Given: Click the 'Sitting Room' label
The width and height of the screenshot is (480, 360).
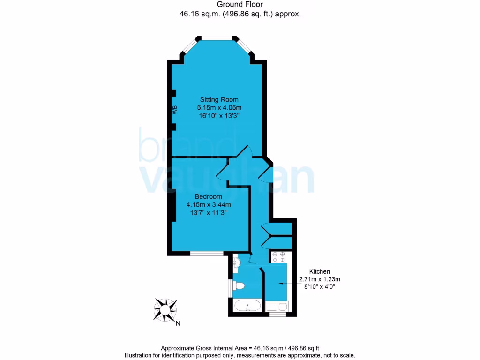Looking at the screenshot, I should tap(219, 99).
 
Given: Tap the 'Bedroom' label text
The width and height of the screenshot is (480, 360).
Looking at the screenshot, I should tap(208, 196).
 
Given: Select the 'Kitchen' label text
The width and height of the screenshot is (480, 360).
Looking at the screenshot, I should tap(320, 272).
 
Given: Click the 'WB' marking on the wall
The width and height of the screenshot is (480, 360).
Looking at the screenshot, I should tap(175, 111).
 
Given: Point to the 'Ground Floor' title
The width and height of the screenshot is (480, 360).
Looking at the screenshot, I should tap(240, 5).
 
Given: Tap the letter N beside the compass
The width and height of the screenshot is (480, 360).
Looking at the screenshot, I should tap(178, 323).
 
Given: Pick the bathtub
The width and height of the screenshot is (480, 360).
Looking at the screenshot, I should tap(248, 307).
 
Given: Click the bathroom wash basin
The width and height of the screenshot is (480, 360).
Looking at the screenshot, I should tap(236, 263).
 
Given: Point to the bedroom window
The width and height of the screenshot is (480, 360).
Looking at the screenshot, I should tap(207, 254).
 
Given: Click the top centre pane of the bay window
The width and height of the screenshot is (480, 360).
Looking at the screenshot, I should tap(217, 37).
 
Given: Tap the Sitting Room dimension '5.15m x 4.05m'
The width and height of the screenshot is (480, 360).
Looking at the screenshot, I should tap(219, 108).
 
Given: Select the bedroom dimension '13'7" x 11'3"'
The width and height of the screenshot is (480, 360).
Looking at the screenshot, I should tap(208, 212).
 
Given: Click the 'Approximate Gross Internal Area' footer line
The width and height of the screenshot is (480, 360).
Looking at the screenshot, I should tap(240, 348).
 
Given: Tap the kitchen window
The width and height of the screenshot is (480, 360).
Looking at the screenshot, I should tap(277, 314).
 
